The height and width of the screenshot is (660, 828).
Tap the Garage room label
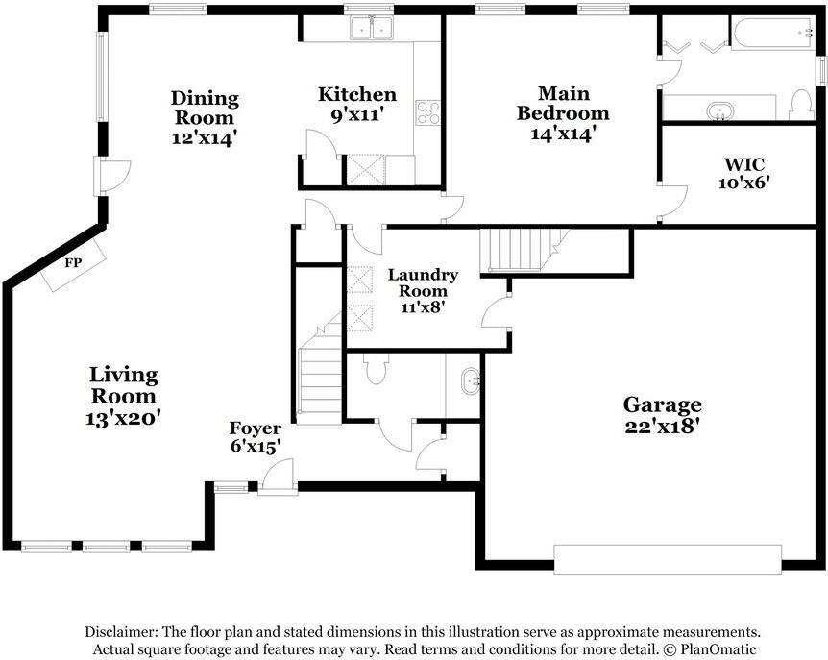pyautogui.click(x=663, y=404)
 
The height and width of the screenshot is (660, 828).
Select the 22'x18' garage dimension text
pyautogui.click(x=663, y=427)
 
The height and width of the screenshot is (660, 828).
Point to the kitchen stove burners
pyautogui.click(x=427, y=112)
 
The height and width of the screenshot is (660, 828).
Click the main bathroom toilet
pyautogui.click(x=801, y=106)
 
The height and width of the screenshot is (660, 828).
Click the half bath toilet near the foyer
pyautogui.click(x=377, y=368)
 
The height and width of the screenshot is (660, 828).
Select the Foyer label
pyautogui.click(x=255, y=428)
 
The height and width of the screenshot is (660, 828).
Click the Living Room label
pyautogui.click(x=123, y=384)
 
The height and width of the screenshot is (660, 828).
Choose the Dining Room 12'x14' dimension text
pyautogui.click(x=204, y=137)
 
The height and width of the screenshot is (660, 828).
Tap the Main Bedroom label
pyautogui.click(x=563, y=103)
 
